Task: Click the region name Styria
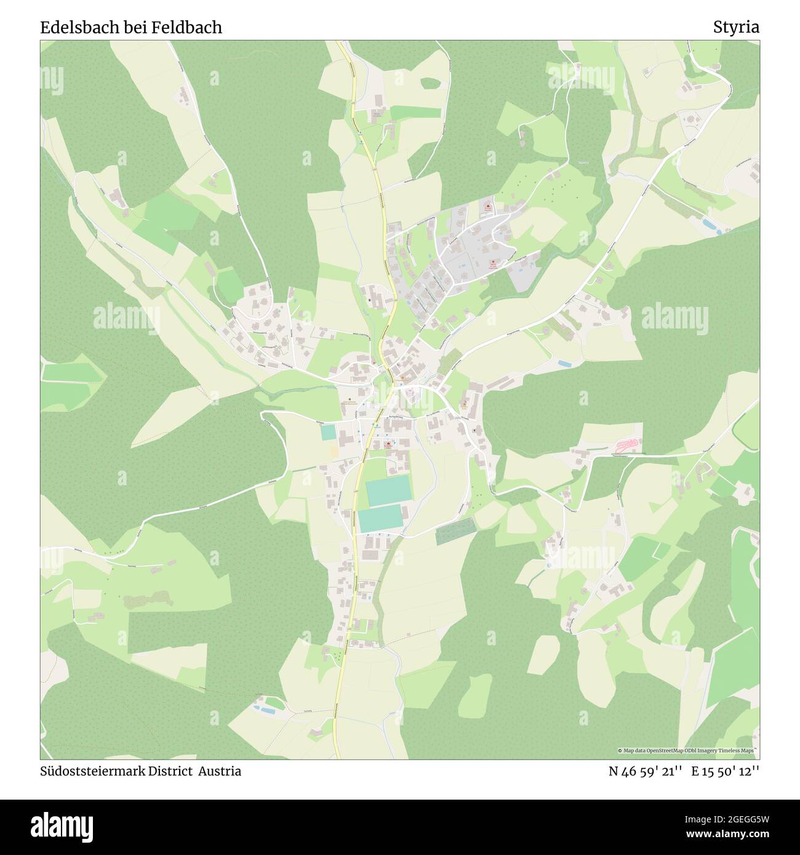click(736, 27)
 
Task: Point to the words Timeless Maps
click(738, 751)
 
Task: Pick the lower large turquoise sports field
click(381, 519)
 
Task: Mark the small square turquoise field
click(328, 432)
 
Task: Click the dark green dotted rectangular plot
click(455, 531)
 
